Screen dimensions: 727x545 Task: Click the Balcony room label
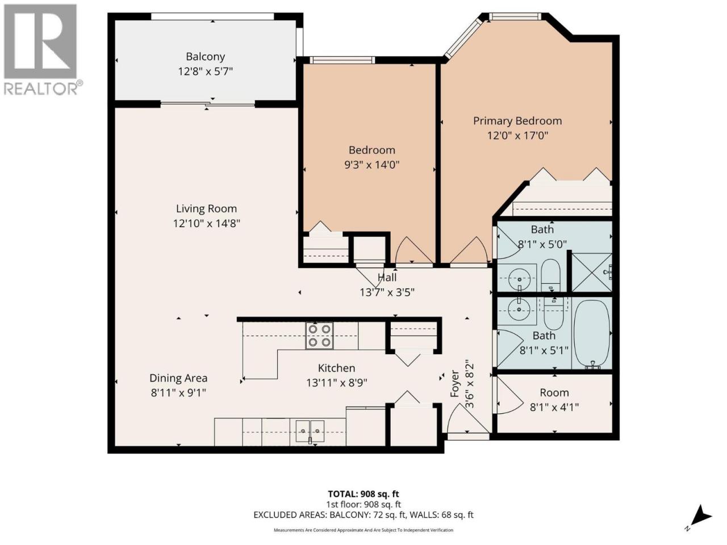(x=206, y=57)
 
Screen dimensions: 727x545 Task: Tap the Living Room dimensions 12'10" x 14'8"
(x=206, y=223)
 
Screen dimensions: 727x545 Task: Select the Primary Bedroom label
(x=517, y=121)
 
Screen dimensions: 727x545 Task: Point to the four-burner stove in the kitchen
(x=319, y=336)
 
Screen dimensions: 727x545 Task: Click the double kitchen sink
(x=310, y=431)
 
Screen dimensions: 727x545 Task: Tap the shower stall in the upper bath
(x=591, y=272)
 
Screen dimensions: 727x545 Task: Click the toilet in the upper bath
(x=550, y=275)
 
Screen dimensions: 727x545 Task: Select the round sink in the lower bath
(x=519, y=309)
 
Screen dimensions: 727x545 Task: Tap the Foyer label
(x=455, y=384)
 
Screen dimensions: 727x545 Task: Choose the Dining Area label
(x=178, y=378)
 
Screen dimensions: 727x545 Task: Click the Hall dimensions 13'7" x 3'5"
(x=387, y=292)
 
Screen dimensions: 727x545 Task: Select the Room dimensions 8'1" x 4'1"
(x=554, y=407)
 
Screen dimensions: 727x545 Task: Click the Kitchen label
(x=336, y=368)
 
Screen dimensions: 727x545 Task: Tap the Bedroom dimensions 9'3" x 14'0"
(x=371, y=165)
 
